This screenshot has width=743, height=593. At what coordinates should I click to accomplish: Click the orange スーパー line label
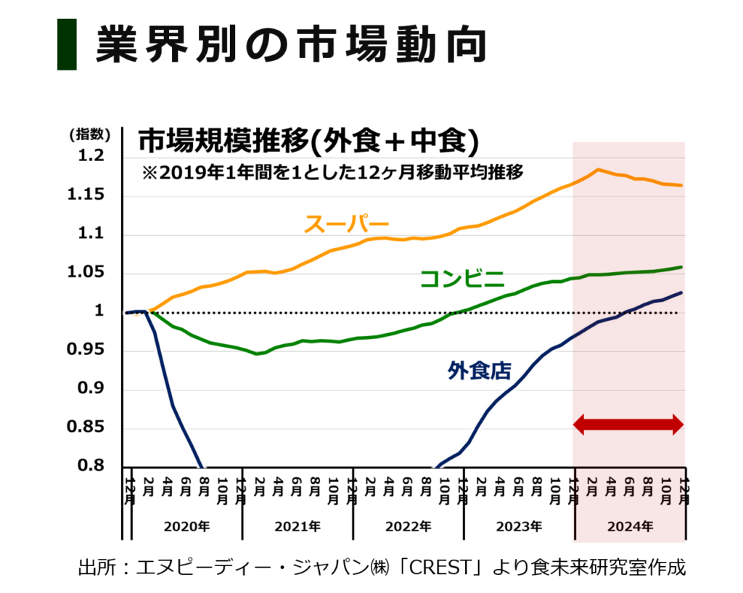(x=346, y=224)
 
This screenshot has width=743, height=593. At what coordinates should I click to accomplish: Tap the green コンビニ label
(x=462, y=279)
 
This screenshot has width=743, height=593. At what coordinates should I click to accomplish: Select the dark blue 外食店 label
(x=479, y=371)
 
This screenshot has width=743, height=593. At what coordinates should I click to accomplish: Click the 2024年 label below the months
(x=630, y=527)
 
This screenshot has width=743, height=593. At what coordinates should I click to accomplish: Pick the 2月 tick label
(x=591, y=487)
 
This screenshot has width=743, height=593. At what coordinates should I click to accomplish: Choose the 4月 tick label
(x=610, y=487)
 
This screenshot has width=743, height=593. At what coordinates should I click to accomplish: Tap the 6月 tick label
(x=629, y=487)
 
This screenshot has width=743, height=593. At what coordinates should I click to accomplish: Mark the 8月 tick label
(x=648, y=487)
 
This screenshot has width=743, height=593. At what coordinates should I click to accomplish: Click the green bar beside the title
(x=67, y=44)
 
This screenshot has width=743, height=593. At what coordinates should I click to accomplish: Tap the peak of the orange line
(x=598, y=169)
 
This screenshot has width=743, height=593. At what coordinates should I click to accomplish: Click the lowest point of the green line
(x=258, y=354)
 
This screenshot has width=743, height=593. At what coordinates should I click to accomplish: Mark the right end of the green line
(x=681, y=267)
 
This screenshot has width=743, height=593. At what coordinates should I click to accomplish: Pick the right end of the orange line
(x=681, y=186)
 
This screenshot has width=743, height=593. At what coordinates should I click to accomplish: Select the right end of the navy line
(x=682, y=291)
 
